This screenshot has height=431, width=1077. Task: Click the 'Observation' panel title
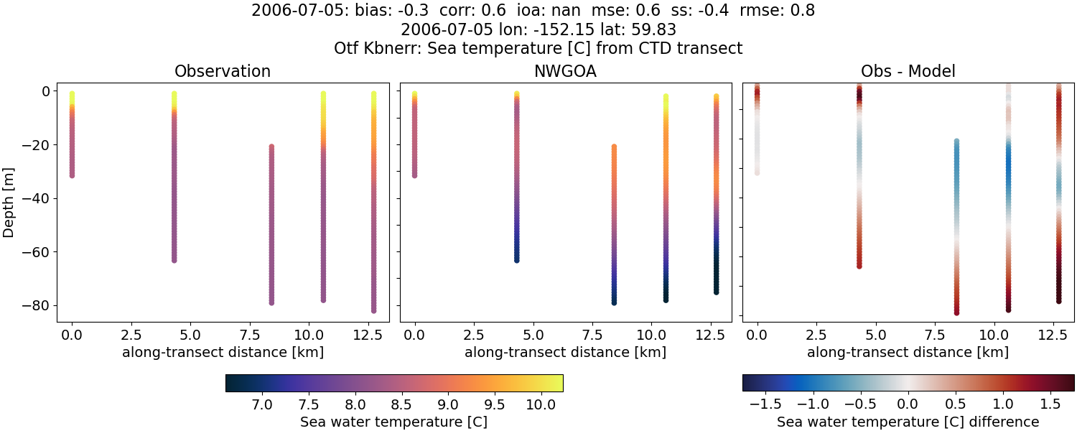[x=223, y=72]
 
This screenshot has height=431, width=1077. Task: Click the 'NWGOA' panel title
[x=565, y=72]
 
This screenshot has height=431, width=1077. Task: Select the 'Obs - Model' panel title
[x=908, y=72]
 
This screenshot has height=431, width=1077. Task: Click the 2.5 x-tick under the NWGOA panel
[x=473, y=334]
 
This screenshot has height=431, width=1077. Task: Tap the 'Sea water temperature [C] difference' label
[x=908, y=422]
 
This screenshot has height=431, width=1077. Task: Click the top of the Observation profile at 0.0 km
[x=72, y=94]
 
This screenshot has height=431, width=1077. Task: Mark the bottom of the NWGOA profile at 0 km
[x=414, y=175]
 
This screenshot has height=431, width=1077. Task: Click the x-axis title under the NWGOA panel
[x=565, y=353]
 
